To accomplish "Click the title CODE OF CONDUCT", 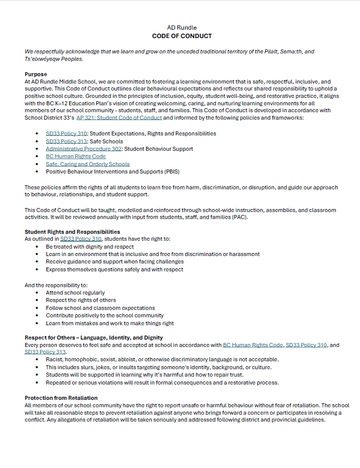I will pos(182,36).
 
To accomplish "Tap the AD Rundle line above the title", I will pos(182,28).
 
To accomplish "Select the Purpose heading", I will pos(36,74).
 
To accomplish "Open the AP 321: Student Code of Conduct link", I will pos(119,118).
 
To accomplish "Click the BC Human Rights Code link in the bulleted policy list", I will pos(76,156).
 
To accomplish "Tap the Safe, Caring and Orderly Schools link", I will pos(88,164).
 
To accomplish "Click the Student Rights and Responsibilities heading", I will pos(72,231).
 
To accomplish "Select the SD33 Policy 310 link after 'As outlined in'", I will pos(80,239).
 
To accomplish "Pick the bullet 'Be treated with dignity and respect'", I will pos(90,247).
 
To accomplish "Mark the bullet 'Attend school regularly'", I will pos(75,293).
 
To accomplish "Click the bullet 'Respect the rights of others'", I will pos(81,300).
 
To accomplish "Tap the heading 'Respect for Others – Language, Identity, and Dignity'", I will pos(94,338).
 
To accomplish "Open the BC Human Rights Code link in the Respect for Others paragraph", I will pos(253,345).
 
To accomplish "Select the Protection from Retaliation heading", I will pos(61,398).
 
